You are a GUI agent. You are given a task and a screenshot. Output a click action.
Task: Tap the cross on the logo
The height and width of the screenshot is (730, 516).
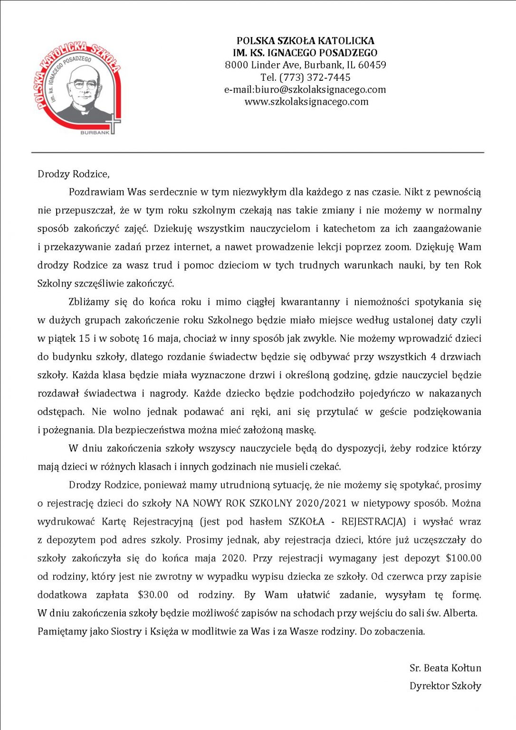pos(114,123)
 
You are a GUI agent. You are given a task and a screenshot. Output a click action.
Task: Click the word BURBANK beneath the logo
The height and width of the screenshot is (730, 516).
pos(95,133)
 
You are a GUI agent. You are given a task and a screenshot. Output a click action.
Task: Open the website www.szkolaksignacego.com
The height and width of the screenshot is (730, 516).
pos(306,101)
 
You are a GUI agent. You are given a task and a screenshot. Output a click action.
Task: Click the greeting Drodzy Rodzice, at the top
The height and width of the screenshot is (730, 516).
pos(74,174)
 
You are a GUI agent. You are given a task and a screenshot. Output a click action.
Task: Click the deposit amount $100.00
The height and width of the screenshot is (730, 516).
pos(464,558)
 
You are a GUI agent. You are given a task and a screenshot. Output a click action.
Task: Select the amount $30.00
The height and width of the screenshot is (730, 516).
pos(153,595)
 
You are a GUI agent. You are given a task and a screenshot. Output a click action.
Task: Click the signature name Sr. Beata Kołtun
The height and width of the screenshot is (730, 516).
pos(445,668)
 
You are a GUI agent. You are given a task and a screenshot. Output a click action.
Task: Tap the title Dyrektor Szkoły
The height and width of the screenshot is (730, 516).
pos(445,686)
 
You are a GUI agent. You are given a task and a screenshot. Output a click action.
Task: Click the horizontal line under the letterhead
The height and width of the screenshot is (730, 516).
pos(258,153)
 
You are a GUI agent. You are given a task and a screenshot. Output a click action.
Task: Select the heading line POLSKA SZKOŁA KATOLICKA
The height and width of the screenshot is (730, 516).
pos(306,41)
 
